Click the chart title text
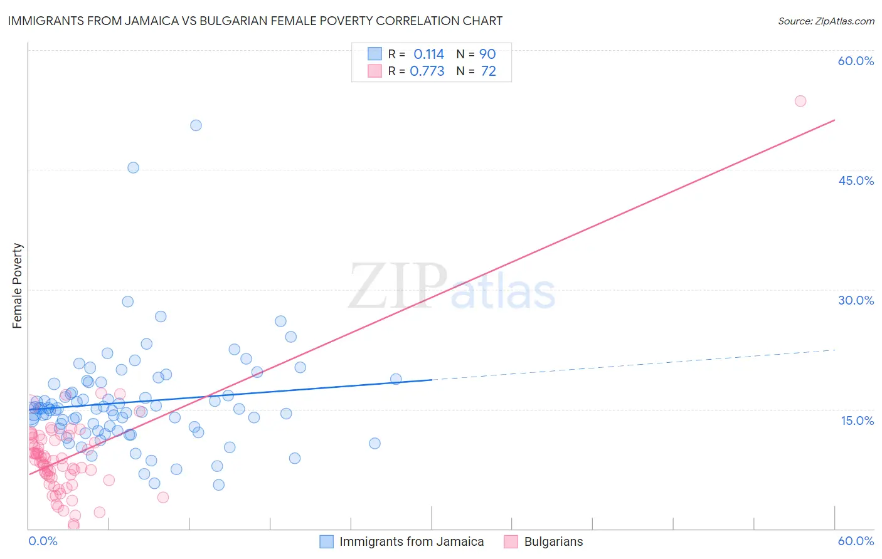pyautogui.click(x=255, y=21)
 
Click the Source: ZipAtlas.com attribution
pyautogui.click(x=826, y=21)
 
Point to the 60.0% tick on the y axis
pyautogui.click(x=856, y=61)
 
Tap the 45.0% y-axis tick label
pyautogui.click(x=856, y=180)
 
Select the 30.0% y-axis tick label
pyautogui.click(x=856, y=300)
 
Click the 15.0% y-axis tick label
pyautogui.click(x=857, y=421)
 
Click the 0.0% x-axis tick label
pyautogui.click(x=43, y=541)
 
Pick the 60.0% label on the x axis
pyautogui.click(x=856, y=541)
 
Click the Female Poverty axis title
pyautogui.click(x=18, y=286)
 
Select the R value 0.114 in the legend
pyautogui.click(x=428, y=55)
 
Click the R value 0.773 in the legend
pyautogui.click(x=427, y=71)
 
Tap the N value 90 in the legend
pyautogui.click(x=487, y=55)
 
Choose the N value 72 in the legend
pyautogui.click(x=488, y=71)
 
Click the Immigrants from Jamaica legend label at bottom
pyautogui.click(x=412, y=542)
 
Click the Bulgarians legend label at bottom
pyautogui.click(x=553, y=542)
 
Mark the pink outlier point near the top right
pyautogui.click(x=800, y=101)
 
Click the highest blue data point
pyautogui.click(x=196, y=125)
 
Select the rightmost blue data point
pyautogui.click(x=396, y=379)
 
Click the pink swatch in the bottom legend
pyautogui.click(x=511, y=542)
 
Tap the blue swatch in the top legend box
pyautogui.click(x=375, y=54)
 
